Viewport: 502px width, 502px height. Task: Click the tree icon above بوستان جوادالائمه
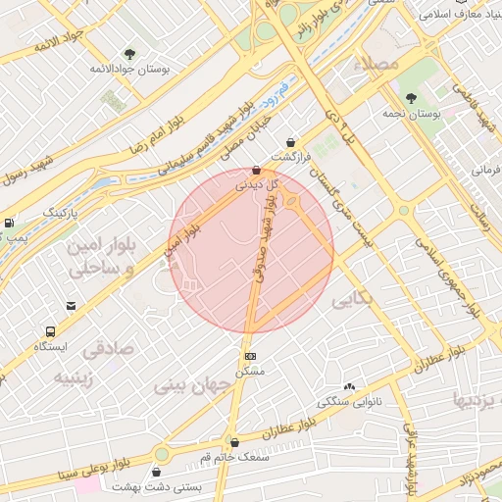129,54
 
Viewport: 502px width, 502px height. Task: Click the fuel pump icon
9,224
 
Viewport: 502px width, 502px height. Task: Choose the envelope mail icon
70,306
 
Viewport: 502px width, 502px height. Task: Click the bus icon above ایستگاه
50,331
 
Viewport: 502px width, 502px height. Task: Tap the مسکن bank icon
250,356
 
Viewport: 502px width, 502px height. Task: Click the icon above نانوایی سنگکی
349,387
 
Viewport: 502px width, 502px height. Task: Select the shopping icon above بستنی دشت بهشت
158,472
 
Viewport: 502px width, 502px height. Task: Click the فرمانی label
484,170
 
